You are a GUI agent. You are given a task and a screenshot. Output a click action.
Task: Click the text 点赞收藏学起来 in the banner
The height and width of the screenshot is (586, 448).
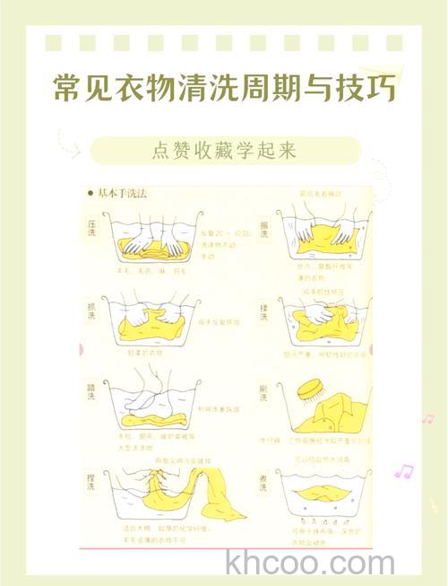(x=224, y=150)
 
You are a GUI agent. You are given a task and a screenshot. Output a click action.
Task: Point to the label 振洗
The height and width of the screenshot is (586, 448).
(x=265, y=229)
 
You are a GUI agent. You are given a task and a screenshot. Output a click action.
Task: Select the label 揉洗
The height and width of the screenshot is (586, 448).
(x=265, y=310)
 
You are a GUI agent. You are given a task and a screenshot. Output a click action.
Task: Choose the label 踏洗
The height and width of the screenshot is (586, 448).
(x=91, y=394)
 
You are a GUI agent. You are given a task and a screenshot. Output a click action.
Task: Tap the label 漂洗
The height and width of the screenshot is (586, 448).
(x=265, y=478)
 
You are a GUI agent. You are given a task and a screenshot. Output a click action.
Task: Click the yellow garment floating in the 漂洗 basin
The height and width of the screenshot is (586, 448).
(x=323, y=490)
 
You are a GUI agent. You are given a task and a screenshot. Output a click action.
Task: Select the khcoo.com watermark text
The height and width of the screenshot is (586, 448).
(x=310, y=564)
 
